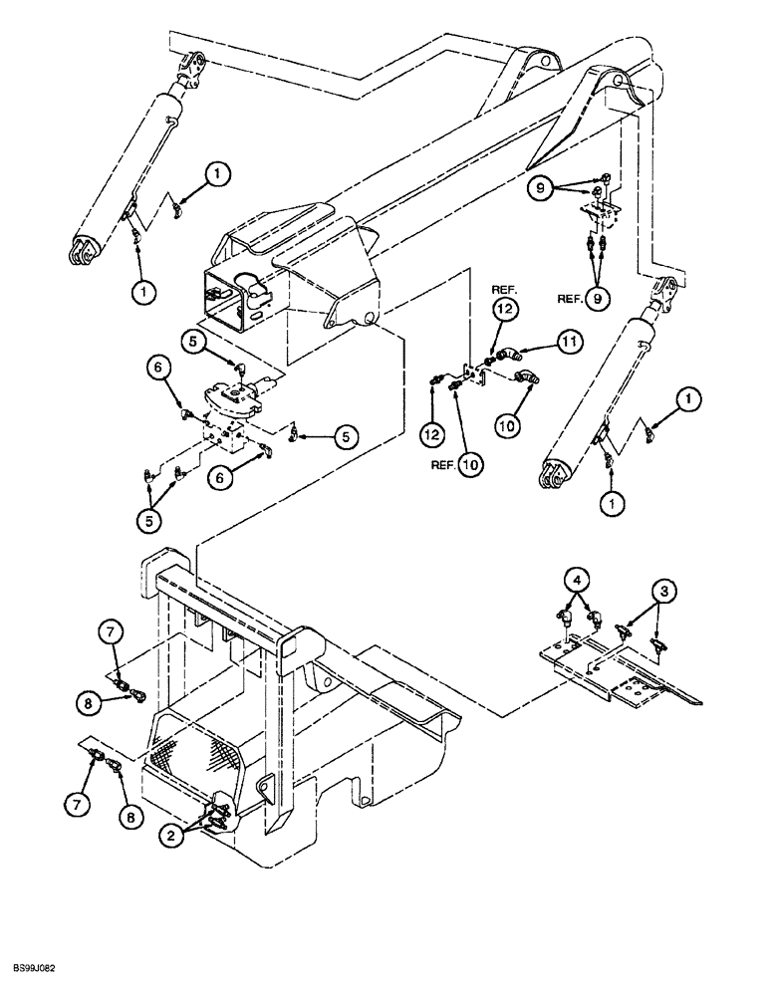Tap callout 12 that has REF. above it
click(x=504, y=312)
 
